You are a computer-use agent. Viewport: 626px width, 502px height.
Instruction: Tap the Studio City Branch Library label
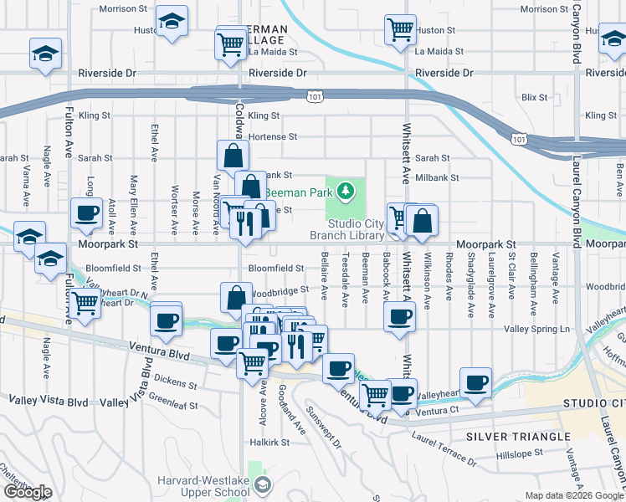[346, 229]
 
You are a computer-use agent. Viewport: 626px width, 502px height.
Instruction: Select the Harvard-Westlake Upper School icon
[263, 485]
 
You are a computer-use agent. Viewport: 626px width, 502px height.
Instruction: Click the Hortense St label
[273, 136]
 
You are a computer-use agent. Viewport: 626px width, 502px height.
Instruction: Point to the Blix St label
[532, 97]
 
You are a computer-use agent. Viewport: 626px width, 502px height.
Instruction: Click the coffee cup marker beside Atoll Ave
[86, 214]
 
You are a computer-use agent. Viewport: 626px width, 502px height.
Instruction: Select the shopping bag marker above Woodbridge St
[237, 297]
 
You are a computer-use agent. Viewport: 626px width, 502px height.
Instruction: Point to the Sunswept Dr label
[324, 427]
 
